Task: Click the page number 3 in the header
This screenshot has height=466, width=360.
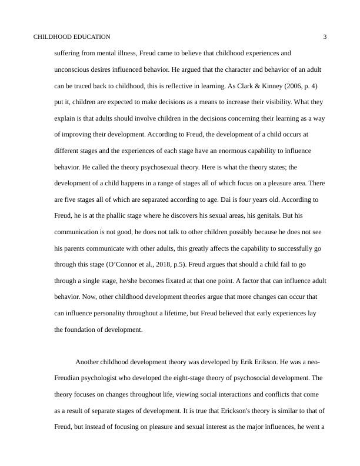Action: (x=325, y=36)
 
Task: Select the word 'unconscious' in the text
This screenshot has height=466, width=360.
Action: (x=71, y=69)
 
